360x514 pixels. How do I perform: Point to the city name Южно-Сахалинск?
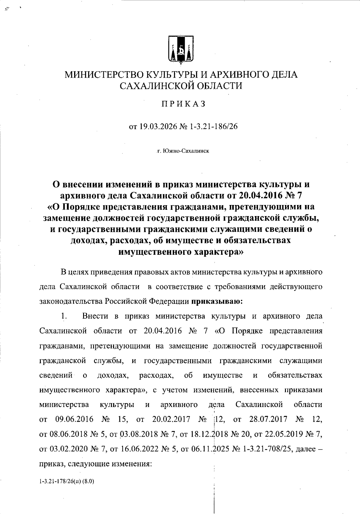coord(186,151)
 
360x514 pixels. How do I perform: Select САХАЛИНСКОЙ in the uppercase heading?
coord(155,86)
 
